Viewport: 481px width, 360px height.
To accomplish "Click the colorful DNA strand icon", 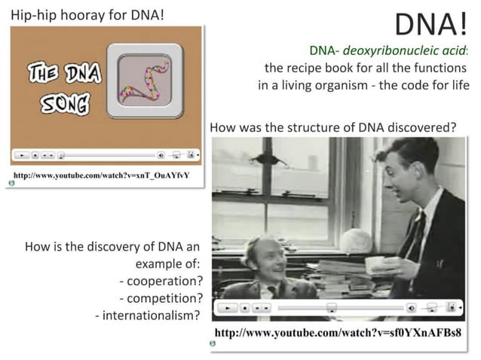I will (145, 81).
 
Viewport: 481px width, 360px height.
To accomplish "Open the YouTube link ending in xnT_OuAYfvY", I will (102, 175).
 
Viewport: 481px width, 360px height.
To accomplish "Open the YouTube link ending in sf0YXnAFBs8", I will (338, 332).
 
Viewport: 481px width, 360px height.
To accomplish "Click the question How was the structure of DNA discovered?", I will (332, 127).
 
